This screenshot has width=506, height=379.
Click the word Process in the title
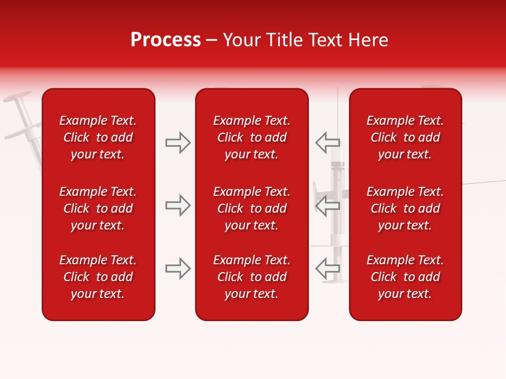click(x=166, y=40)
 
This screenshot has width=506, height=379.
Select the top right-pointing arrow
click(x=178, y=143)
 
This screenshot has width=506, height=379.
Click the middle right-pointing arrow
click(x=178, y=205)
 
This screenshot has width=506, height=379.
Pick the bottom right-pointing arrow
click(x=178, y=268)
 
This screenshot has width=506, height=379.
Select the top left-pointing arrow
click(x=327, y=143)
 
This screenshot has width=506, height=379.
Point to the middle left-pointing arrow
click(x=327, y=205)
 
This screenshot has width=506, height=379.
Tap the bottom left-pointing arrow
click(x=327, y=268)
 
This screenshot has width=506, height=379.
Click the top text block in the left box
click(x=98, y=137)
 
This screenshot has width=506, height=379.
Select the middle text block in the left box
click(x=98, y=208)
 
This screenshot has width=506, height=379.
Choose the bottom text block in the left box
click(x=98, y=277)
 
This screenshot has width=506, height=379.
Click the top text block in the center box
click(x=252, y=137)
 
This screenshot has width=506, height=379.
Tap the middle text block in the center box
click(x=252, y=208)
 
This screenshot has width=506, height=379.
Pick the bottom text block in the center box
click(x=252, y=277)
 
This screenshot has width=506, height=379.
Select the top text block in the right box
click(x=405, y=137)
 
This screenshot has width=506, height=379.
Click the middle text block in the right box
click(x=405, y=208)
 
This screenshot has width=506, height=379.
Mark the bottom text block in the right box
click(x=405, y=277)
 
